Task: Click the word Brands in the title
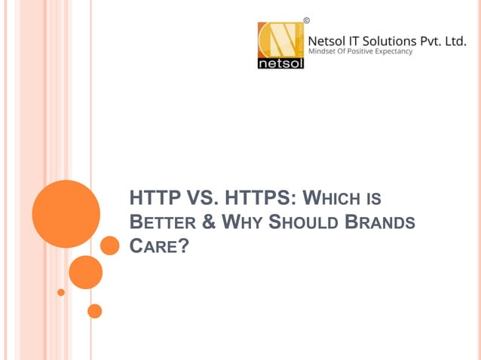(381, 223)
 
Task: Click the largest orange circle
(66, 214)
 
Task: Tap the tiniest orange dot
(61, 292)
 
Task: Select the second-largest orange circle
(85, 272)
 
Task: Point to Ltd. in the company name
(455, 43)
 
